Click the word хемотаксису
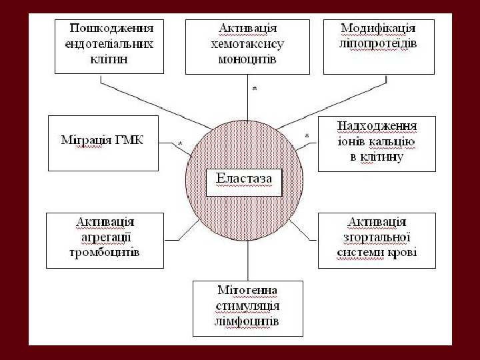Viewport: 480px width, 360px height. (x=247, y=44)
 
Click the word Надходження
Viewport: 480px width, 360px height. (x=377, y=127)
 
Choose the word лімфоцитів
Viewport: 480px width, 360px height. (x=247, y=321)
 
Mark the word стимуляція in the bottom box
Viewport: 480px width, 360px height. (x=247, y=307)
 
